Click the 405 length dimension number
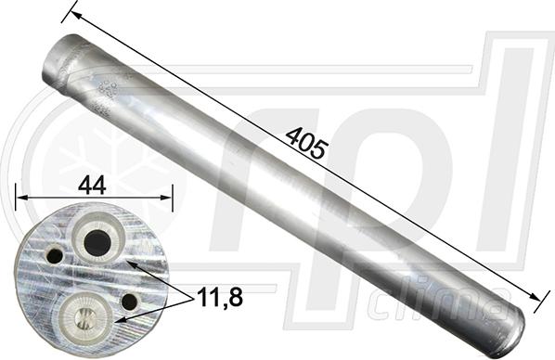click(x=305, y=143)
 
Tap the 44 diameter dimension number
click(x=91, y=185)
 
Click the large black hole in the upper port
click(x=97, y=243)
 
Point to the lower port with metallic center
click(x=84, y=316)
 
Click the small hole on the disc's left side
click(x=54, y=254)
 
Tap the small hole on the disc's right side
click(x=129, y=302)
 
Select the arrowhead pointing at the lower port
click(x=119, y=318)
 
